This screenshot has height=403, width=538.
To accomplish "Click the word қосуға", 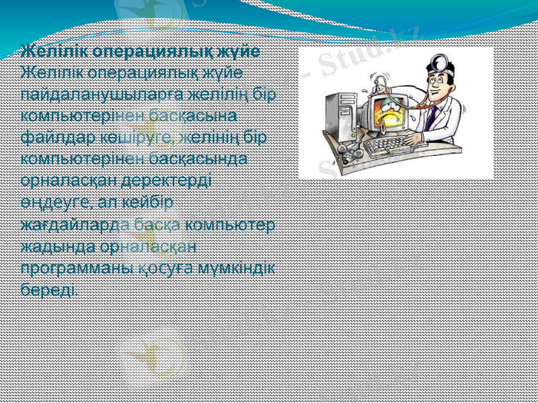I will [x=159, y=268].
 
